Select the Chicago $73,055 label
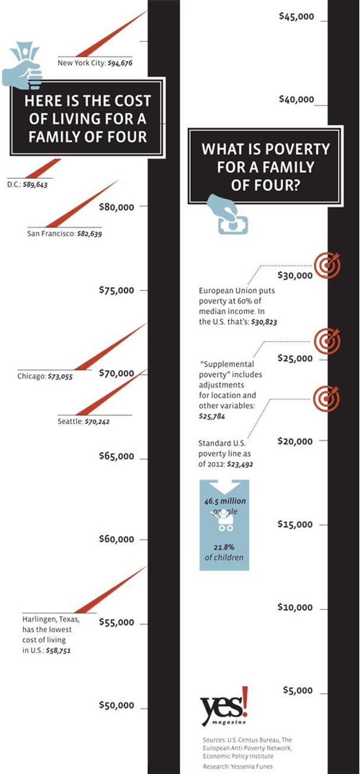tap(45, 376)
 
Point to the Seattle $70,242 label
tap(84, 422)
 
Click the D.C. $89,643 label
tap(27, 186)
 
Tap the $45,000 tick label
tap(297, 17)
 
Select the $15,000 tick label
tap(296, 524)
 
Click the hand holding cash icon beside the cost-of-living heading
tap(23, 63)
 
